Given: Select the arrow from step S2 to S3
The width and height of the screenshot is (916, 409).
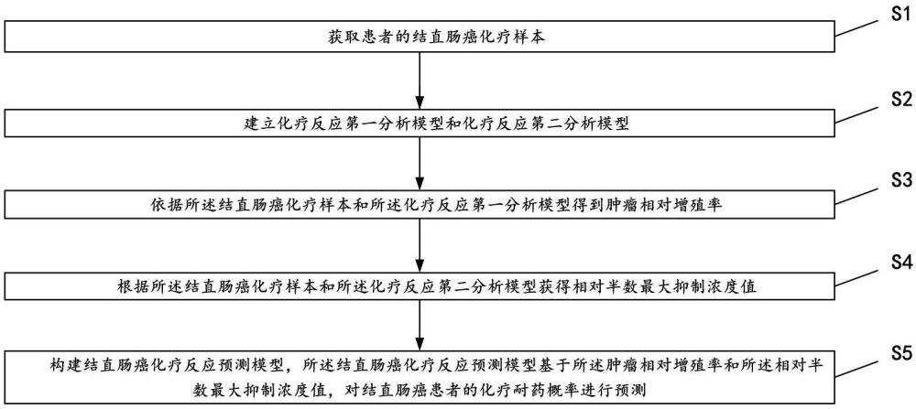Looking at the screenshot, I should pos(420,165).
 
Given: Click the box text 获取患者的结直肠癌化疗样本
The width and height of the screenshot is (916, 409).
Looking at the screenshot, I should pos(418,39).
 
